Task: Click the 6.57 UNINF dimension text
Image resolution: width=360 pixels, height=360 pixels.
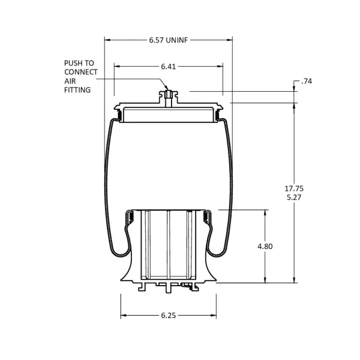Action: tap(169, 41)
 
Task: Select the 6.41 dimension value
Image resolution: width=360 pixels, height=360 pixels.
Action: tap(169, 66)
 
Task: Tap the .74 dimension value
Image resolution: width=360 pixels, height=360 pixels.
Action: tap(307, 81)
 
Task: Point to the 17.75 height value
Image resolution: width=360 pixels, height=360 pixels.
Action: tap(294, 188)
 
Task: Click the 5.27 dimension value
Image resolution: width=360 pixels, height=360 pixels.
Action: tap(294, 197)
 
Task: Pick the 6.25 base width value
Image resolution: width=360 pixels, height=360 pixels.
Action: tap(169, 316)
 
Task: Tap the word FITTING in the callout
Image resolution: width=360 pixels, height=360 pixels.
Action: tap(77, 90)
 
